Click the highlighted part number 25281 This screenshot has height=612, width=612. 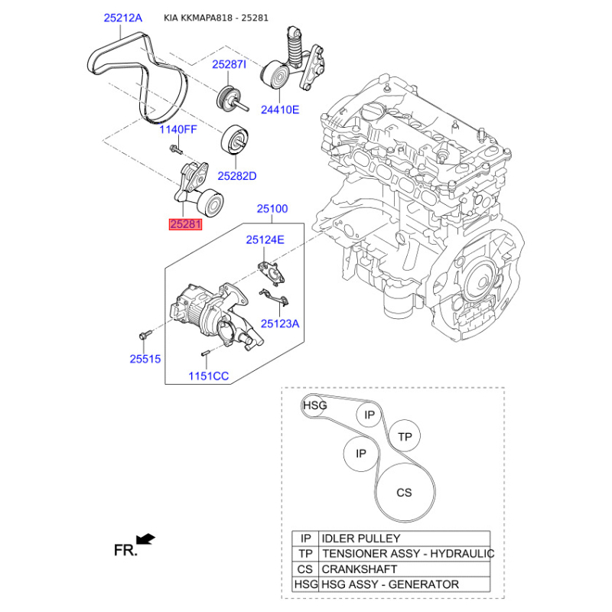point(185,224)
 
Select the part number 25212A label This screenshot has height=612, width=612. point(123,18)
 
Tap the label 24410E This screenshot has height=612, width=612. point(280,109)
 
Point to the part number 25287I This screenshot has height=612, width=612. point(229,64)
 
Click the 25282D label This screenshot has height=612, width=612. point(237,176)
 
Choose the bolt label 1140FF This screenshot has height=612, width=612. point(178,129)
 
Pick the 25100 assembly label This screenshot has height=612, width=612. point(272,209)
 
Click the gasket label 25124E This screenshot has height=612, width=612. point(265,239)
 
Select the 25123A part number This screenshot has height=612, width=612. point(280,324)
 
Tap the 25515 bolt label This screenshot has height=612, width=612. point(145,359)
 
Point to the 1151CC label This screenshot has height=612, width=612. point(208,376)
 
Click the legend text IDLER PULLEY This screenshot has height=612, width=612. point(360,539)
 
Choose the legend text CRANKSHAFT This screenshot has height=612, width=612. point(359,569)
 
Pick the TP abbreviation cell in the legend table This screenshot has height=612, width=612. point(305,554)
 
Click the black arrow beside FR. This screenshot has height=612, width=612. point(145,539)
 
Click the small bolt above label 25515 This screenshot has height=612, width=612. point(144,335)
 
